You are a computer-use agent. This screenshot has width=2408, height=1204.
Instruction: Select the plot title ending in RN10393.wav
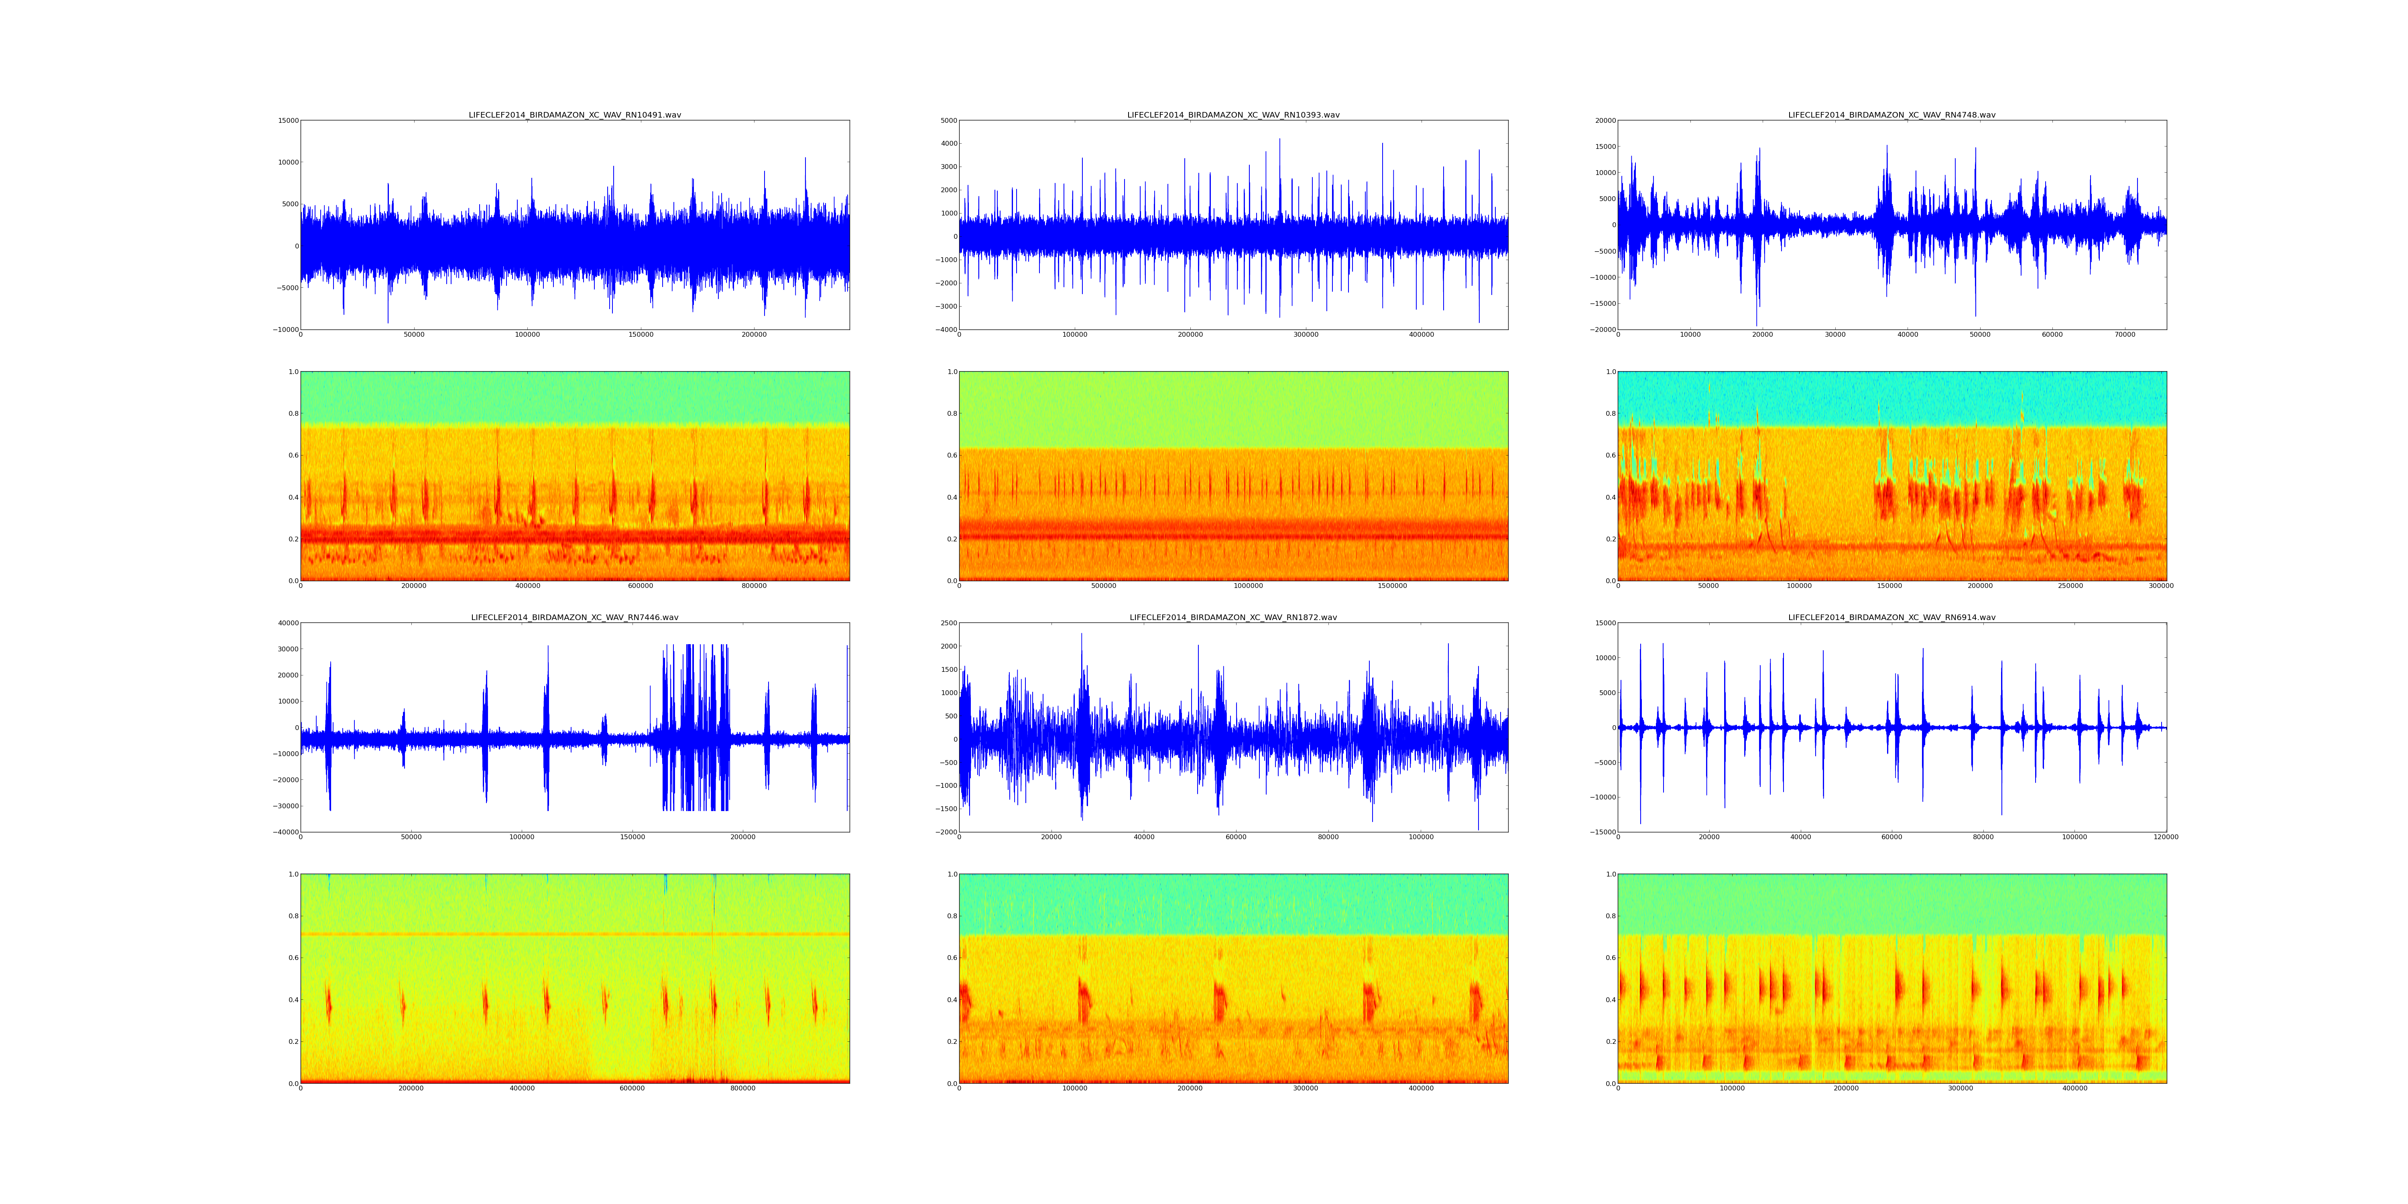click(x=1233, y=115)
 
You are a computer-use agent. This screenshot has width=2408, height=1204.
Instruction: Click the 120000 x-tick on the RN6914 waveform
click(x=2166, y=838)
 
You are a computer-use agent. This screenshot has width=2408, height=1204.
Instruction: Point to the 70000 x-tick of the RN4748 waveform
click(x=2125, y=335)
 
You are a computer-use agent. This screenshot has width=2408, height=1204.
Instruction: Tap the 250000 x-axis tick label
click(x=2070, y=586)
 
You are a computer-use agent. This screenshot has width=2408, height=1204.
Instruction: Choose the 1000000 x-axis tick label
click(x=1248, y=586)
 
